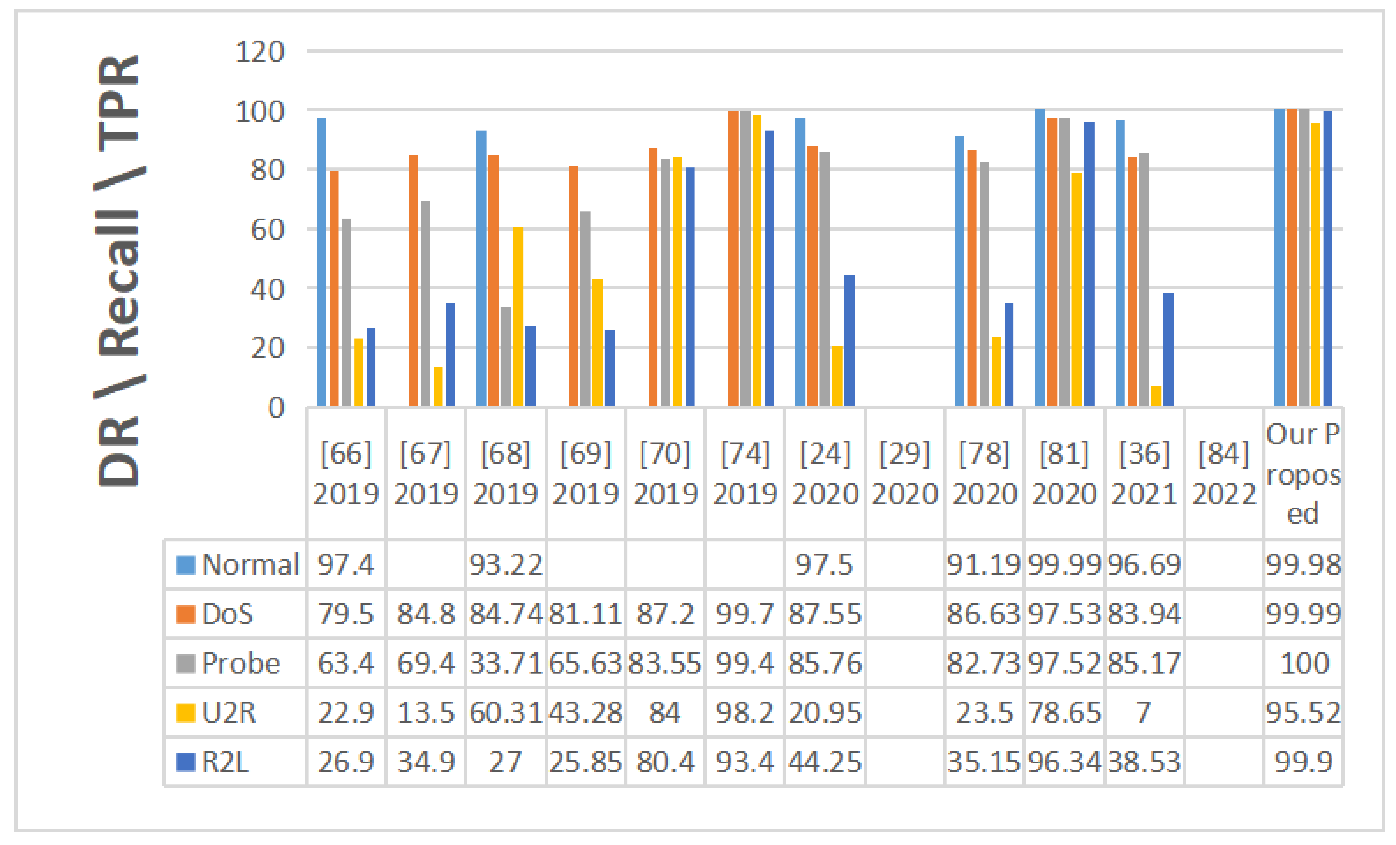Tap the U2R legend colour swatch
pyautogui.click(x=185, y=713)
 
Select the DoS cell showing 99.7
pyautogui.click(x=744, y=614)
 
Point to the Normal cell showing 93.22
pyautogui.click(x=505, y=565)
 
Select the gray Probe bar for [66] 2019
pyautogui.click(x=346, y=311)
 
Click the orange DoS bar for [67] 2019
pyautogui.click(x=413, y=280)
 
